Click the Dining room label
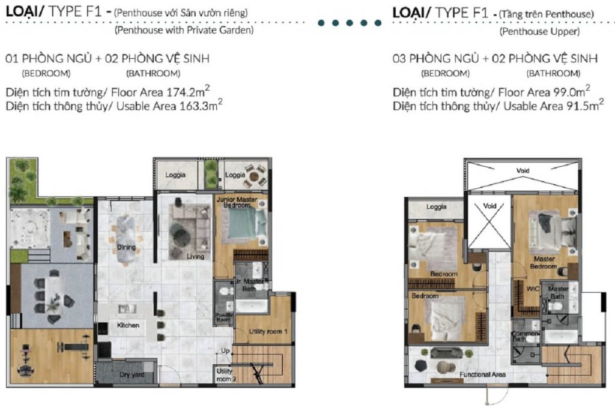point(126,247)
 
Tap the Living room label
point(195,256)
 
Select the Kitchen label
point(128,325)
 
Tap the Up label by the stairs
point(225,350)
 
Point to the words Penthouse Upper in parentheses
point(540,32)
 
